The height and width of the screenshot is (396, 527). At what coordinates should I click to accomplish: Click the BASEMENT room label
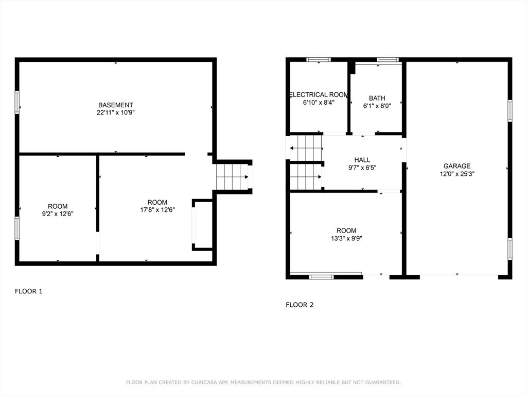[116, 105]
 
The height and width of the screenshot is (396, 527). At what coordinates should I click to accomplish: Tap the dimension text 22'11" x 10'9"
[116, 113]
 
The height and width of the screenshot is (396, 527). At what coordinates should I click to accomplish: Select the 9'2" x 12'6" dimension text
[58, 214]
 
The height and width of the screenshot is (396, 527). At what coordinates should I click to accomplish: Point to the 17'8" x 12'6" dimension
[157, 210]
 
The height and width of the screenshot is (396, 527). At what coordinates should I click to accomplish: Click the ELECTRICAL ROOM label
[319, 95]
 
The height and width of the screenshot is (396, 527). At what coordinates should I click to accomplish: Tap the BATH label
[377, 98]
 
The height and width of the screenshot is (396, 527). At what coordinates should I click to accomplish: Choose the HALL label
[362, 160]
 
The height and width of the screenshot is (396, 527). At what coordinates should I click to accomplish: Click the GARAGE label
[457, 166]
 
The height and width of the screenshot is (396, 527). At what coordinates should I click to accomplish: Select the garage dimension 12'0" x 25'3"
[457, 174]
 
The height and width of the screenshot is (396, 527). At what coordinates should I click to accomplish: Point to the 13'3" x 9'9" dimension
[346, 239]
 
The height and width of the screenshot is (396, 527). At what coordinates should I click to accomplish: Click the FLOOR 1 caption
[29, 291]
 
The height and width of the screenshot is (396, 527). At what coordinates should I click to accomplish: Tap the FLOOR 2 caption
[300, 305]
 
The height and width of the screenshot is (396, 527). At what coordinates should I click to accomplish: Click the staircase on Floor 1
[233, 177]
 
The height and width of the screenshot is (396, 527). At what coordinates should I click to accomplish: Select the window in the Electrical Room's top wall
[319, 60]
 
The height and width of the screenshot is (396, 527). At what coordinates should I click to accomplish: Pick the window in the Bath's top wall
[388, 60]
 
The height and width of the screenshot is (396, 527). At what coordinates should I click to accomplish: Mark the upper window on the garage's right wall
[510, 110]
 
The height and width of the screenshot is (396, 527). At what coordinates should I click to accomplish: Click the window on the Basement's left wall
[17, 103]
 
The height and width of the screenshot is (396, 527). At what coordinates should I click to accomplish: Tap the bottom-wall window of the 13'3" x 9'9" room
[321, 277]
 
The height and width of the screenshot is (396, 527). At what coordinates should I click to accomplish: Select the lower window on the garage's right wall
[510, 249]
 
